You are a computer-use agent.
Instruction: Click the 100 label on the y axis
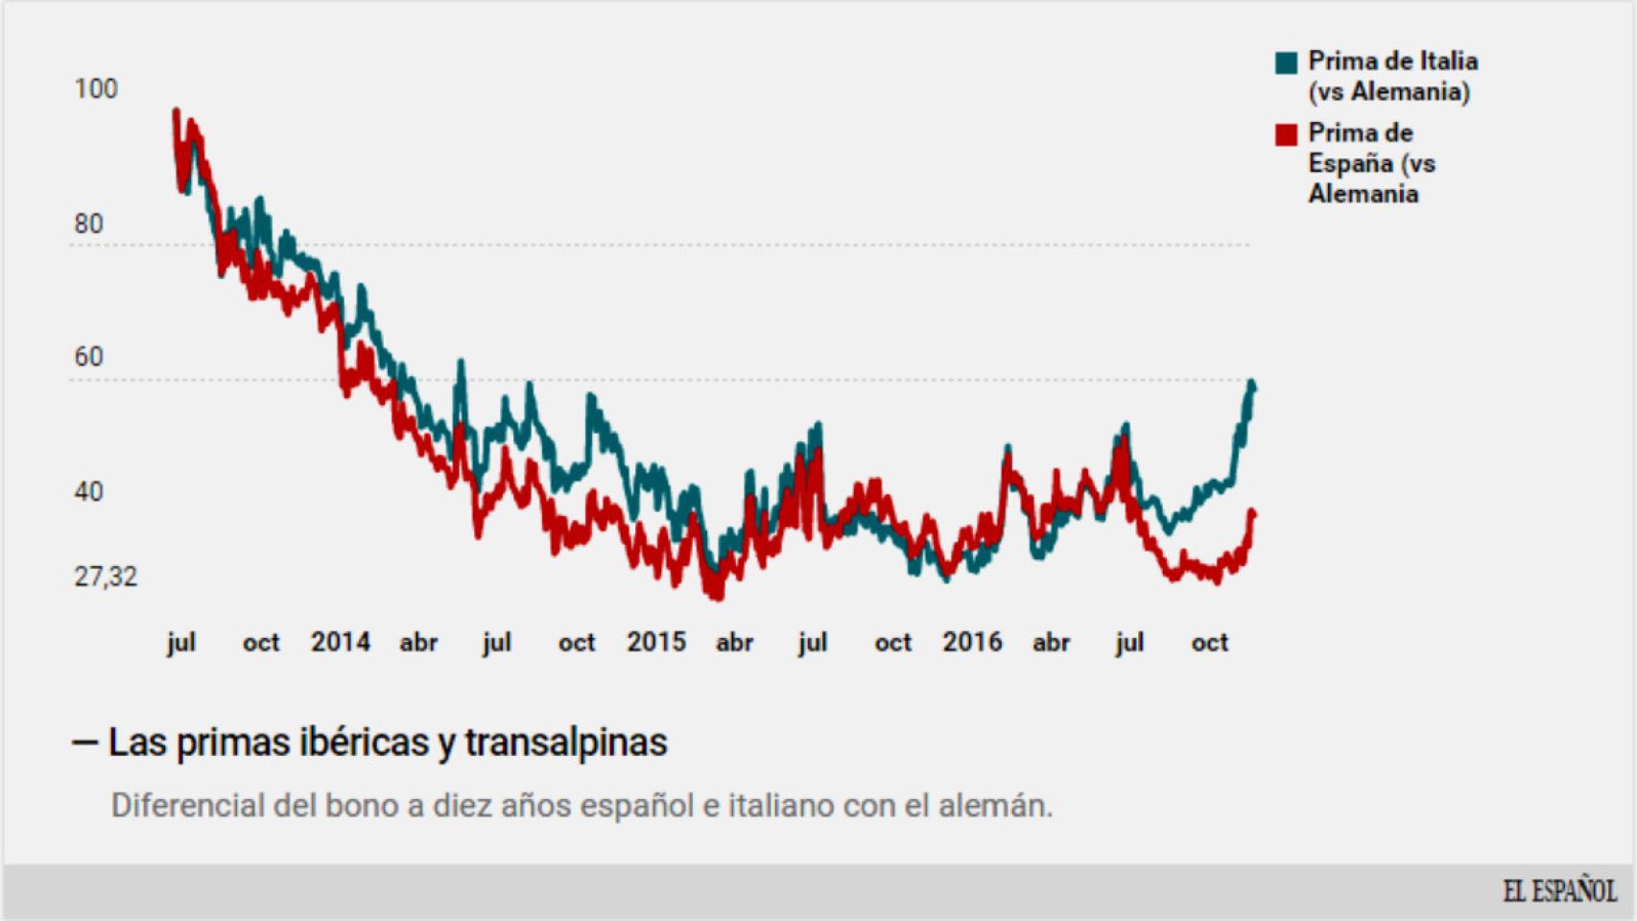point(96,89)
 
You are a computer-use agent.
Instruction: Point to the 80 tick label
point(88,224)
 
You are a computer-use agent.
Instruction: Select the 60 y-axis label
point(88,357)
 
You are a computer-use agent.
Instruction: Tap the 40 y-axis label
point(88,492)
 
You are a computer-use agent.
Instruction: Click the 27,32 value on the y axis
point(106,577)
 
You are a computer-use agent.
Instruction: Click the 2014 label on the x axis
point(340,642)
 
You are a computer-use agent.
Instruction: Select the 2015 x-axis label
point(656,642)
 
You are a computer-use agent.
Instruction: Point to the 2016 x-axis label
point(972,642)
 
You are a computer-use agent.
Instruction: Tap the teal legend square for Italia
point(1286,63)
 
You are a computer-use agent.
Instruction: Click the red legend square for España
point(1286,134)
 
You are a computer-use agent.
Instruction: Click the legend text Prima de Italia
point(1392,61)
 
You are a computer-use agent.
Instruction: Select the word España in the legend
point(1350,164)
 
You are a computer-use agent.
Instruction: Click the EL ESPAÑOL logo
point(1559,891)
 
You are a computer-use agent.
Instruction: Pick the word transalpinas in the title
point(565,743)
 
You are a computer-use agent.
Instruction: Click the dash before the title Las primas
point(84,743)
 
